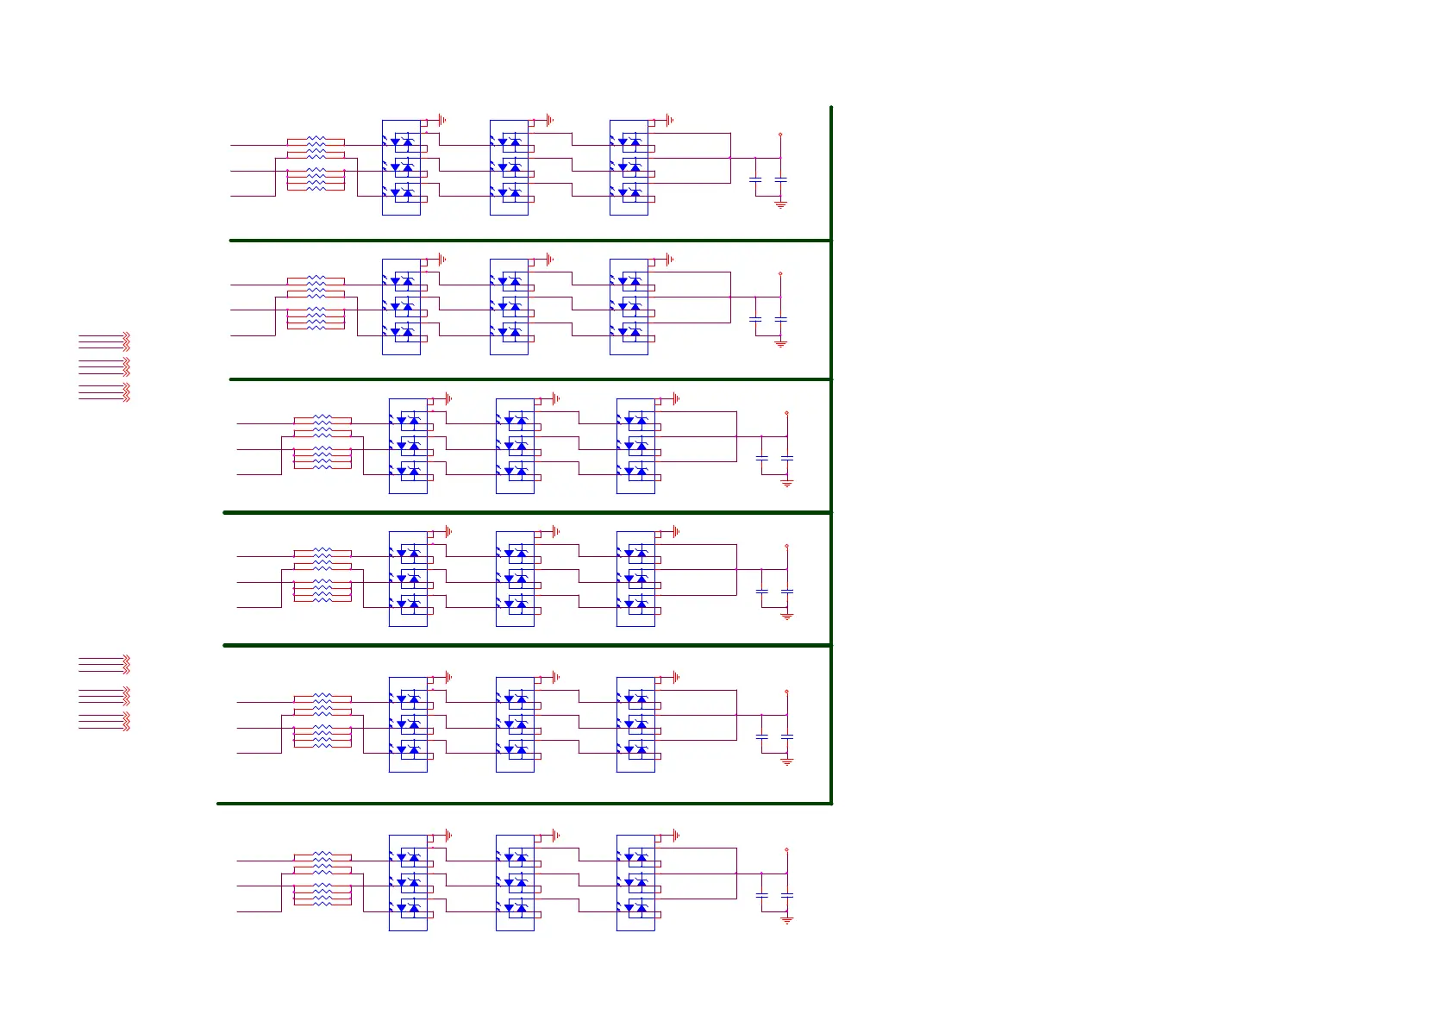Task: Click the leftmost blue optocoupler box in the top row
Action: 401,167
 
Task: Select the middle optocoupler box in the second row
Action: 509,306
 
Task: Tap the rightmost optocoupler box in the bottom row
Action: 635,882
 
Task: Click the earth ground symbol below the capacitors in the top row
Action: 780,204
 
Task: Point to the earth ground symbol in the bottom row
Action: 786,920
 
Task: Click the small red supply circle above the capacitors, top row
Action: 780,135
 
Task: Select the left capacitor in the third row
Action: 761,457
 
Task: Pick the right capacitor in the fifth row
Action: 786,736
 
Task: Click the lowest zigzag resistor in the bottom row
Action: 322,902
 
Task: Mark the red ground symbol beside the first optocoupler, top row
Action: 441,120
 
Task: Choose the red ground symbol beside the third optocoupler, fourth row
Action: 675,531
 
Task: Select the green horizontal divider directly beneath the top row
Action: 530,241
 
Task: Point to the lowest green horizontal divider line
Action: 524,804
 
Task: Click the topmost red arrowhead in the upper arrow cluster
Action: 126,334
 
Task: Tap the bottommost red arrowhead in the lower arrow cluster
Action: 126,729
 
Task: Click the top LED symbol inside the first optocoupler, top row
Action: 396,141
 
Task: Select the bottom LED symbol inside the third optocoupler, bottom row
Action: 629,907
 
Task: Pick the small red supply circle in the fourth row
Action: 786,546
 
